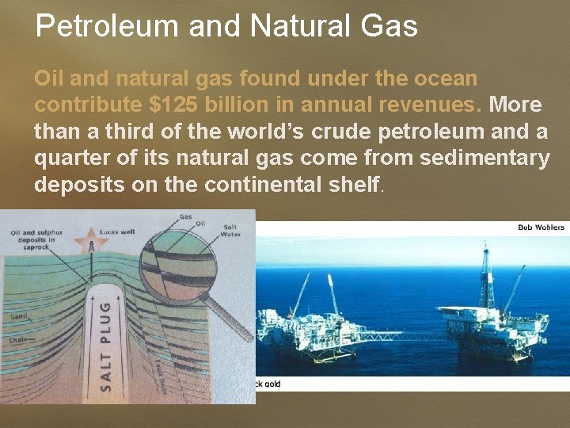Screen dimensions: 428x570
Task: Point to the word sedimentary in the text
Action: coord(484,158)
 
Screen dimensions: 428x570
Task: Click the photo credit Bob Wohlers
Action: coord(541,227)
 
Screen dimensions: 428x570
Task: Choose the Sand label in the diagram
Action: coord(19,315)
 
